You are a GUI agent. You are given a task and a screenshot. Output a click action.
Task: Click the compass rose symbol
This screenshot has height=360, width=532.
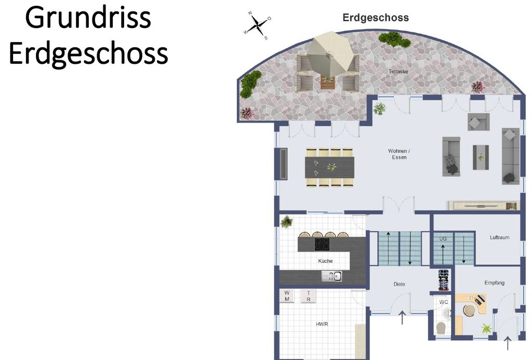pos(257,25)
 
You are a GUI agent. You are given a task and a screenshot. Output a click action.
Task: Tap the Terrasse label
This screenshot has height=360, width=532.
pos(398,72)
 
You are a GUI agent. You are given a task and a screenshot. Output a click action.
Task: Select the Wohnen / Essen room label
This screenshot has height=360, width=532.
pos(400,154)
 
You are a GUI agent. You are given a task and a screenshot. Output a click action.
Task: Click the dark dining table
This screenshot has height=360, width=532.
pos(329,167)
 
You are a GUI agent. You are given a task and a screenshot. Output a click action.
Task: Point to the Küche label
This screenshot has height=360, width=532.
pos(325,261)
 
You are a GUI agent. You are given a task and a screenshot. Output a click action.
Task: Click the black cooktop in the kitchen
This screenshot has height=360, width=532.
pos(322,244)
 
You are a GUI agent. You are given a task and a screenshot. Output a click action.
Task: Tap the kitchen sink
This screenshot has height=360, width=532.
pos(331,276)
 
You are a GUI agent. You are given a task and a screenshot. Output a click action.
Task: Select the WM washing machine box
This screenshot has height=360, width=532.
pos(287,296)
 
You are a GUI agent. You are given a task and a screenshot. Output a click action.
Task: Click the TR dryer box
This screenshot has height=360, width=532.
pos(309,296)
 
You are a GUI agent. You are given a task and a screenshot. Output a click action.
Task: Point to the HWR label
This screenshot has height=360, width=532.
pos(322,324)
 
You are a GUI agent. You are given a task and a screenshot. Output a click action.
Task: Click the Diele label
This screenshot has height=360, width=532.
pos(400,284)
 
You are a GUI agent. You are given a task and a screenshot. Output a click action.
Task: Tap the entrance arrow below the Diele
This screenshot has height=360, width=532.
pos(402,317)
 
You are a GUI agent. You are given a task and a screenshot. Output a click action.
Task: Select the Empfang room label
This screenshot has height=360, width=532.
pos(495,283)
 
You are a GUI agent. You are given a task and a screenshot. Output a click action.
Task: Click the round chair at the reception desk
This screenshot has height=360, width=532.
pos(470,310)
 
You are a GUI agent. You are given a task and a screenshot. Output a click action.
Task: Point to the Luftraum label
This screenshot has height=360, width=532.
pos(499,237)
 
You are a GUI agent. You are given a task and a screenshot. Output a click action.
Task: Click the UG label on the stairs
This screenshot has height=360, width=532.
pos(443,238)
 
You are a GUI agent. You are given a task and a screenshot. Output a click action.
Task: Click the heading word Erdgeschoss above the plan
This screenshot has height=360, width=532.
pos(376,18)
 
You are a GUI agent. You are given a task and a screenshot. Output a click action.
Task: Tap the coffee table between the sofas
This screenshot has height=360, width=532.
pos(481,157)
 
